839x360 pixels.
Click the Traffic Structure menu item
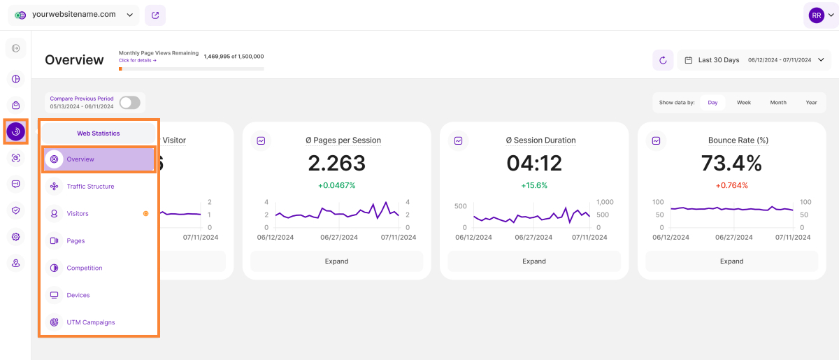pyautogui.click(x=90, y=187)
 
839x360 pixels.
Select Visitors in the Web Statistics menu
pyautogui.click(x=78, y=214)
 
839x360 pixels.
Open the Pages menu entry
pyautogui.click(x=76, y=241)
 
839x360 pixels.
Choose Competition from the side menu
pyautogui.click(x=85, y=268)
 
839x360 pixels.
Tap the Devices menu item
pyautogui.click(x=78, y=295)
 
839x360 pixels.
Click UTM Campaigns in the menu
pyautogui.click(x=91, y=322)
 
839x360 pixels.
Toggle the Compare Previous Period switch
pyautogui.click(x=129, y=103)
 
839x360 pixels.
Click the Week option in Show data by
pyautogui.click(x=743, y=103)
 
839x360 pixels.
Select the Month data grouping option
pyautogui.click(x=778, y=103)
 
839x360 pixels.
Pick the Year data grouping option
pyautogui.click(x=811, y=103)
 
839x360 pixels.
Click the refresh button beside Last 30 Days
pyautogui.click(x=663, y=60)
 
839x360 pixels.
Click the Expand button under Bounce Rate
pyautogui.click(x=731, y=261)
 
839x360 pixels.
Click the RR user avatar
pyautogui.click(x=816, y=15)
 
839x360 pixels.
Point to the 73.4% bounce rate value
pyautogui.click(x=731, y=164)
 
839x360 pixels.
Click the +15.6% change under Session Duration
pyautogui.click(x=534, y=186)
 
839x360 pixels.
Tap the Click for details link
pyautogui.click(x=138, y=61)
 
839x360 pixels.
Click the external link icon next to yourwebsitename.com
pyautogui.click(x=155, y=15)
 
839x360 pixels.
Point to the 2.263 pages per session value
pyautogui.click(x=336, y=164)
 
